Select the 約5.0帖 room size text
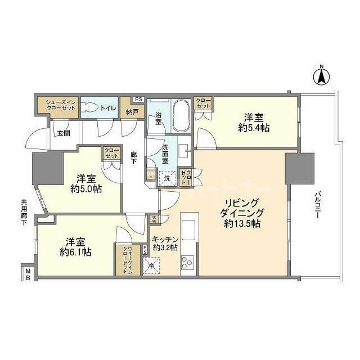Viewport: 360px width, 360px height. pos(85,189)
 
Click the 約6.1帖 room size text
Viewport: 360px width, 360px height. pos(75,252)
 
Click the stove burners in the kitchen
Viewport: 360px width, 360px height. pos(187,261)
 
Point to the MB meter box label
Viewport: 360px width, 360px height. pos(28,275)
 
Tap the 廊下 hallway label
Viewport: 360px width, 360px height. pos(134,158)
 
